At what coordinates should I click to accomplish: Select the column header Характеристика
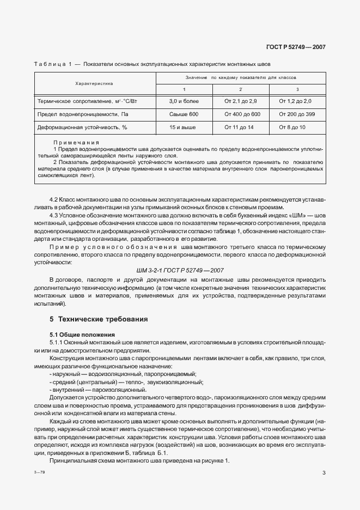(x=94, y=83)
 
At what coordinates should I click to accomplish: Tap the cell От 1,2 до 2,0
(x=297, y=101)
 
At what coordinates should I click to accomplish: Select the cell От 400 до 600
(x=242, y=114)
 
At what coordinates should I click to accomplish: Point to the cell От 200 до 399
(x=297, y=114)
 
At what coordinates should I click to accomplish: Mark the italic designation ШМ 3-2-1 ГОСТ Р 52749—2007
(x=180, y=270)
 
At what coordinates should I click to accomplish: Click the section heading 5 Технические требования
(x=99, y=319)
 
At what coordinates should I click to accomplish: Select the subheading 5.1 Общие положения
(x=80, y=333)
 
